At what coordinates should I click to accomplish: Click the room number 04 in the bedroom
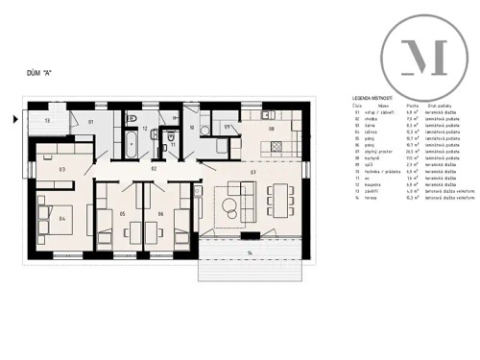[61, 219]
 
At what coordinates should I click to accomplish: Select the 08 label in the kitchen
[272, 129]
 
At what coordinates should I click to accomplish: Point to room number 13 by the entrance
[46, 122]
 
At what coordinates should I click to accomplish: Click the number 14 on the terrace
[249, 252]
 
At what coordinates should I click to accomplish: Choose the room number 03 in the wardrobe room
[61, 170]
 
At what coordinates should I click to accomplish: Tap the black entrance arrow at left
[12, 120]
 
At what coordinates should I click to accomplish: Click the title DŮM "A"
[39, 71]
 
